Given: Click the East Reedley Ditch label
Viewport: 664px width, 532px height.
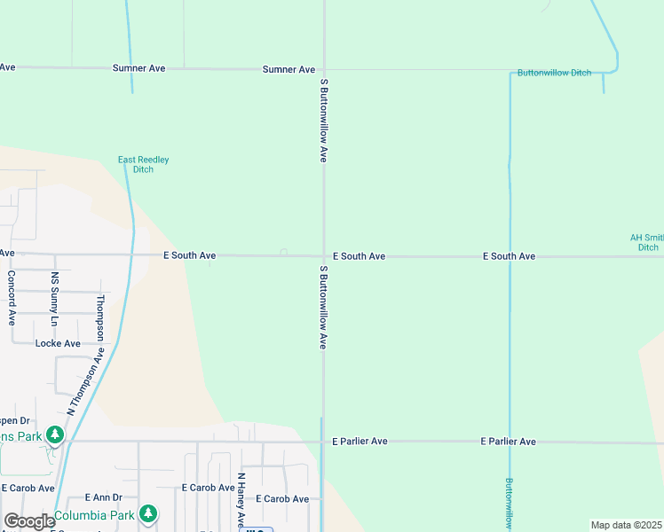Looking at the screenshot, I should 143,164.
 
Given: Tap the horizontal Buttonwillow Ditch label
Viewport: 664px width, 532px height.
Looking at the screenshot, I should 555,73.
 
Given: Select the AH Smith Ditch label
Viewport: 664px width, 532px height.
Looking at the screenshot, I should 647,242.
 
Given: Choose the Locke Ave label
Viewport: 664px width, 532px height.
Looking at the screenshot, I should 58,343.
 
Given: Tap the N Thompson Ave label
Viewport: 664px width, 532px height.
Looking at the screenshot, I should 86,381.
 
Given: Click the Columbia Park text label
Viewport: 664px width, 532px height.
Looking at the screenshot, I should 93,515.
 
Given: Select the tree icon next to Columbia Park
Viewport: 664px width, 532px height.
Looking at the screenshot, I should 148,513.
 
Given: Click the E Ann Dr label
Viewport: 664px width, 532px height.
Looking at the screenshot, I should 103,498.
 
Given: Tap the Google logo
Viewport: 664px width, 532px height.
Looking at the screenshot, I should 29,521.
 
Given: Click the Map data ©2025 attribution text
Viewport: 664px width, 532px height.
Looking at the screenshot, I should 626,525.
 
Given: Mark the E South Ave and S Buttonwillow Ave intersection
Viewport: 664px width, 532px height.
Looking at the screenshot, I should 323,256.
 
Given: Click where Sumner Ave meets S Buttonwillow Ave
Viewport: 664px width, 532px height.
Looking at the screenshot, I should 324,69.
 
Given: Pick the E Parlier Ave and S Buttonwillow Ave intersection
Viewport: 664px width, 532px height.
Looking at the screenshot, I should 322,441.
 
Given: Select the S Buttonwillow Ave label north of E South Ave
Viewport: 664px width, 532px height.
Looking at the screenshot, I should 324,118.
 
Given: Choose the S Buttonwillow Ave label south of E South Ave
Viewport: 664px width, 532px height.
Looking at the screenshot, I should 324,306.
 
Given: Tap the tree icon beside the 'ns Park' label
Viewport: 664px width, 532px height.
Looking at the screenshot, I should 56,434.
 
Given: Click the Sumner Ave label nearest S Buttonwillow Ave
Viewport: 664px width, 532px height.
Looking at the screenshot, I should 289,69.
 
